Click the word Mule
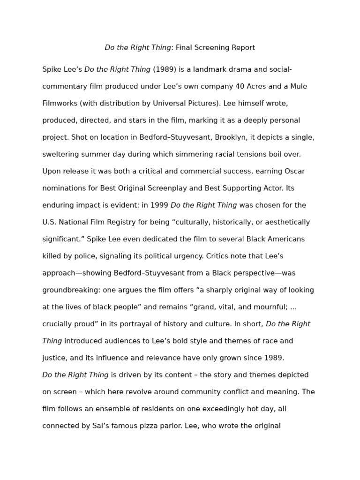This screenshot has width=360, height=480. tap(298, 87)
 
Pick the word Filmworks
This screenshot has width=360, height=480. tap(59, 104)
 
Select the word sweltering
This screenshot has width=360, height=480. tap(60, 155)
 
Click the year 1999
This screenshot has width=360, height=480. tap(159, 205)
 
